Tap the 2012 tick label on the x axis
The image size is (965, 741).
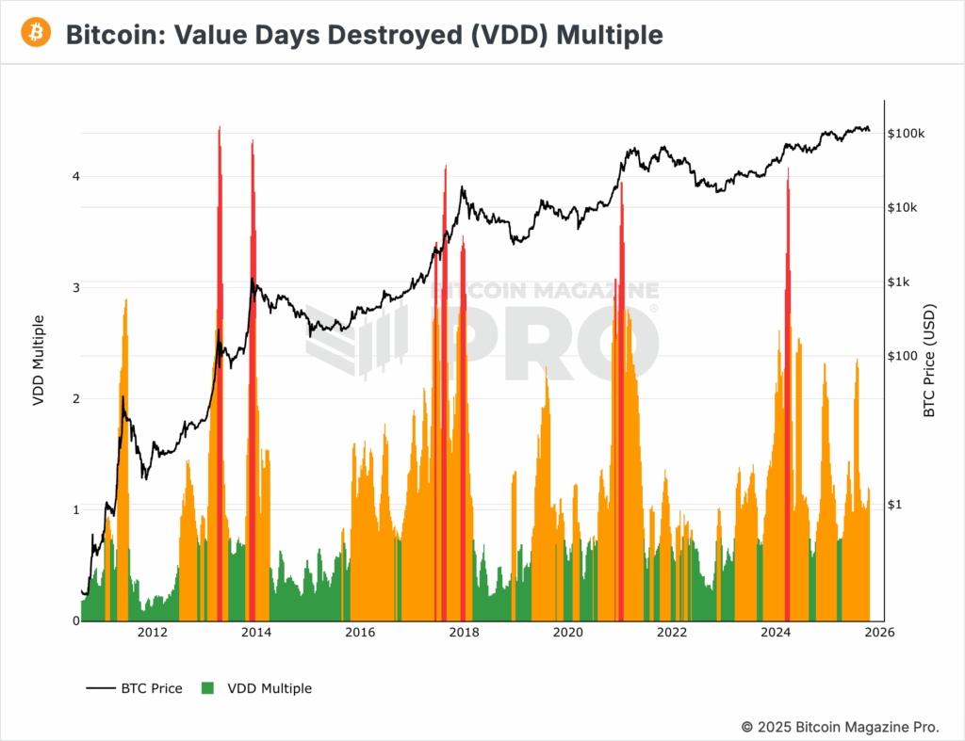[152, 633]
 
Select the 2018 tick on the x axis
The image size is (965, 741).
[463, 633]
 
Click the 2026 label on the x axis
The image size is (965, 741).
[878, 633]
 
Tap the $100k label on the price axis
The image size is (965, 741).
[907, 134]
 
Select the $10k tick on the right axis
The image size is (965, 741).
[904, 208]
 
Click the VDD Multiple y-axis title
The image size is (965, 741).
[39, 360]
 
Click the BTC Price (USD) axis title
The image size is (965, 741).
[929, 360]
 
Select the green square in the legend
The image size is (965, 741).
[208, 688]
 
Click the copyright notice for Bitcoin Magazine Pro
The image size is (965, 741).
[840, 727]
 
